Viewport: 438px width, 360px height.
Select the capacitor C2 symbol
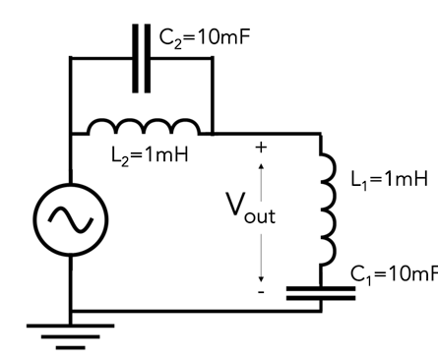(142, 58)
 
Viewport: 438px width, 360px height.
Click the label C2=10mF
(204, 38)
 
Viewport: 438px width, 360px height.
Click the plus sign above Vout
(261, 148)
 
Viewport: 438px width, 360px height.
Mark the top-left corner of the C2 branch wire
(71, 58)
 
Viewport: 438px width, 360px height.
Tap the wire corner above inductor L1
(321, 134)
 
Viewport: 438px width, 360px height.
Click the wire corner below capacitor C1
(321, 310)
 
